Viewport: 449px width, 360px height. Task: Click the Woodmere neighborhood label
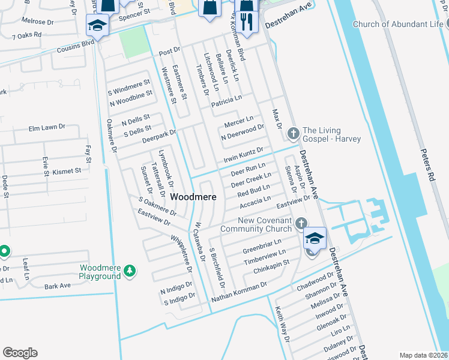(x=193, y=197)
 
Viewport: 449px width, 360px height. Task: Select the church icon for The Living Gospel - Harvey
(x=294, y=133)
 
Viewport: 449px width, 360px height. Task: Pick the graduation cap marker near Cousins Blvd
(x=96, y=26)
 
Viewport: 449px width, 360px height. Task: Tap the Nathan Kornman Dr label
(x=240, y=293)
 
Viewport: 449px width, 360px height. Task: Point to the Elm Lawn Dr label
(x=46, y=128)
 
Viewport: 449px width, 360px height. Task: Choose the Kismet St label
(x=66, y=171)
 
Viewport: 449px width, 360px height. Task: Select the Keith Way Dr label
(x=282, y=329)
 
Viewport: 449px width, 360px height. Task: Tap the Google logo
(x=20, y=353)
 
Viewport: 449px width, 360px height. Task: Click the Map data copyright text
(x=424, y=355)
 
